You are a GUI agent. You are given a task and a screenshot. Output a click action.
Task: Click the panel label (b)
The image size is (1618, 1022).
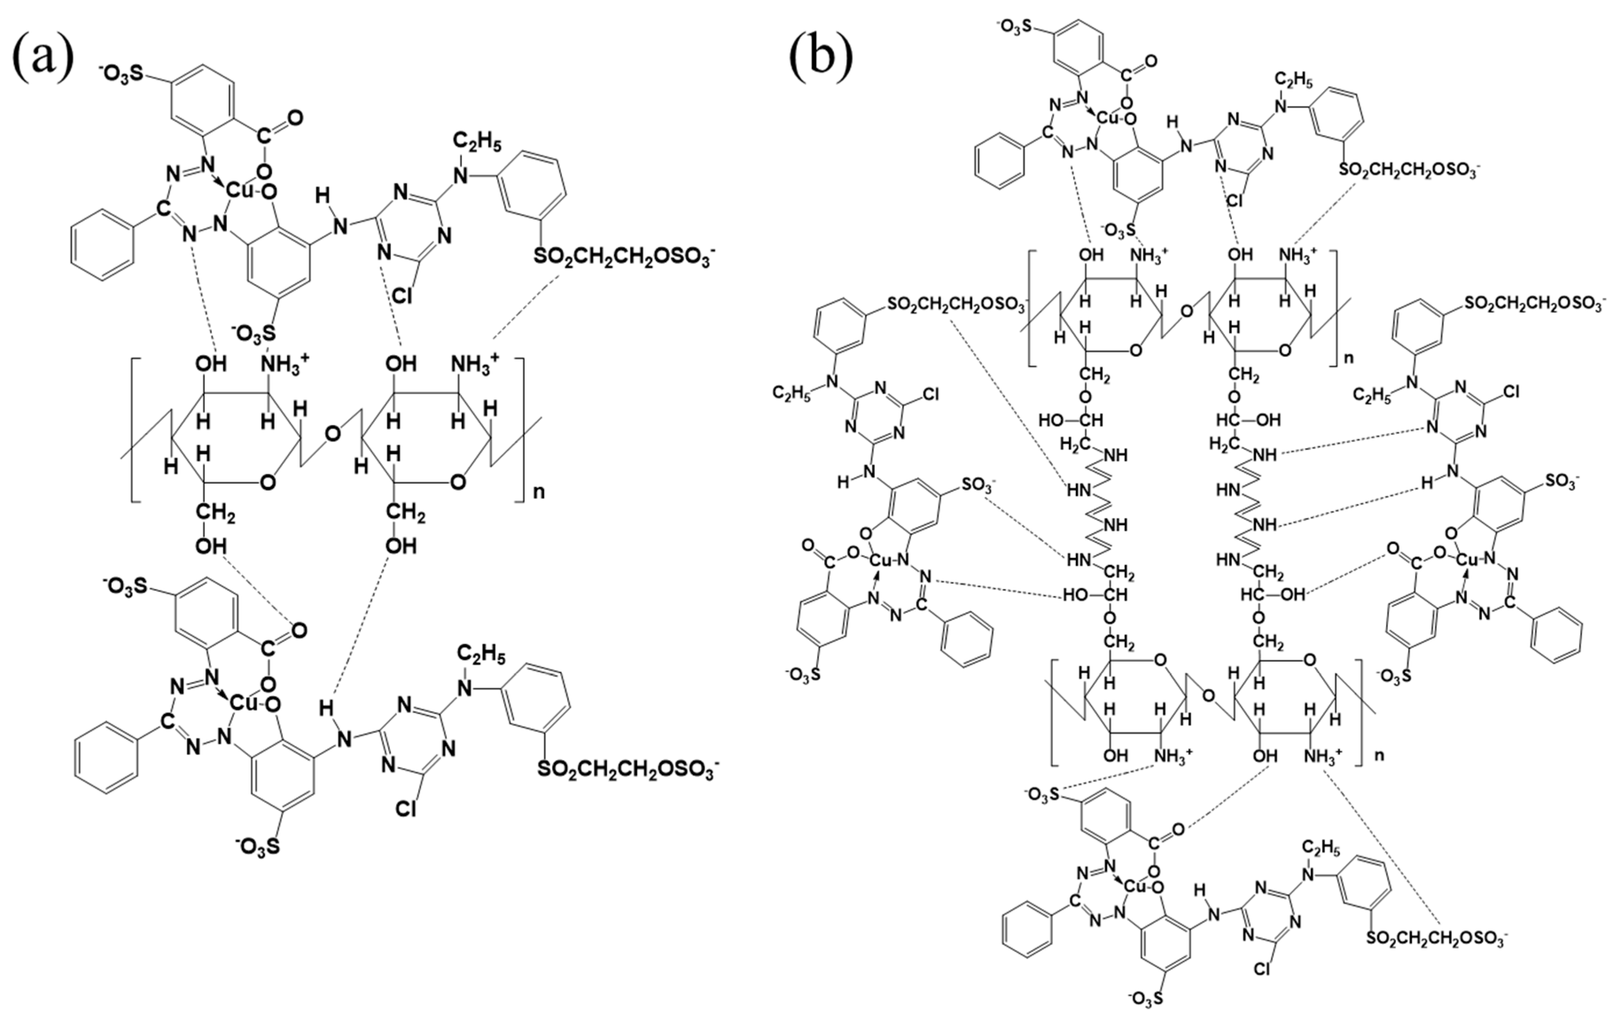click(821, 57)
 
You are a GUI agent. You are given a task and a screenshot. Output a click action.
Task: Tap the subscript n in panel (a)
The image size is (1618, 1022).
click(539, 492)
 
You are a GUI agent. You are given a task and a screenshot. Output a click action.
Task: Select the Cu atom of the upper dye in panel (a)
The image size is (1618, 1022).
click(240, 191)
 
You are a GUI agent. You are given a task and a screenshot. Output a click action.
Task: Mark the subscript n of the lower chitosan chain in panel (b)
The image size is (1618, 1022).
click(1380, 755)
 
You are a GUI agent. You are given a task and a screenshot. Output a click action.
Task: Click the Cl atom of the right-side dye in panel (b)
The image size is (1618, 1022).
click(1510, 391)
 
